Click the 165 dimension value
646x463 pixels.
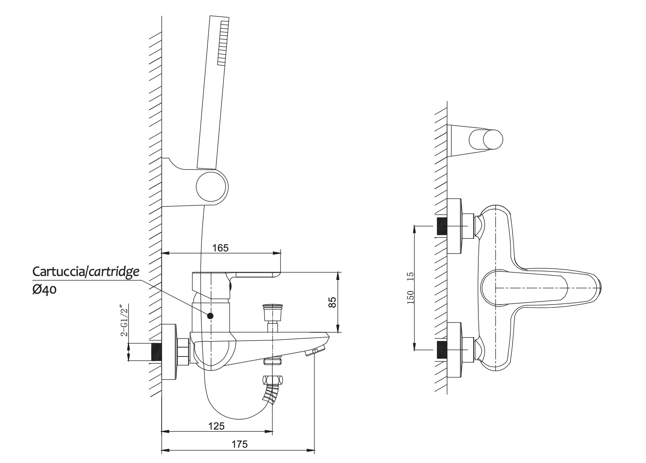tap(220, 248)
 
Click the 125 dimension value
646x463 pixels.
tap(217, 426)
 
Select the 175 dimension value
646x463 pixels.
tap(240, 444)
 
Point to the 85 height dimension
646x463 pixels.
tap(332, 302)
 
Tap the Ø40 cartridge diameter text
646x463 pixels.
tap(44, 290)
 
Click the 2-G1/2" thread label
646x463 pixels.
tap(125, 320)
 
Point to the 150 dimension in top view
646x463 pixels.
tap(410, 297)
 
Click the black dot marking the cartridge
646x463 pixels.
tap(210, 316)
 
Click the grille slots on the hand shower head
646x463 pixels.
tap(223, 43)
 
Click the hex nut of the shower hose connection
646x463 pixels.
tap(272, 380)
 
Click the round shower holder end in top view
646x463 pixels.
tap(493, 140)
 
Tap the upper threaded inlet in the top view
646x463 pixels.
tap(442, 226)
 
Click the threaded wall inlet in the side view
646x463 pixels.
tap(156, 352)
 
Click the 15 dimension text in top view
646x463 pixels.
tap(410, 276)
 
